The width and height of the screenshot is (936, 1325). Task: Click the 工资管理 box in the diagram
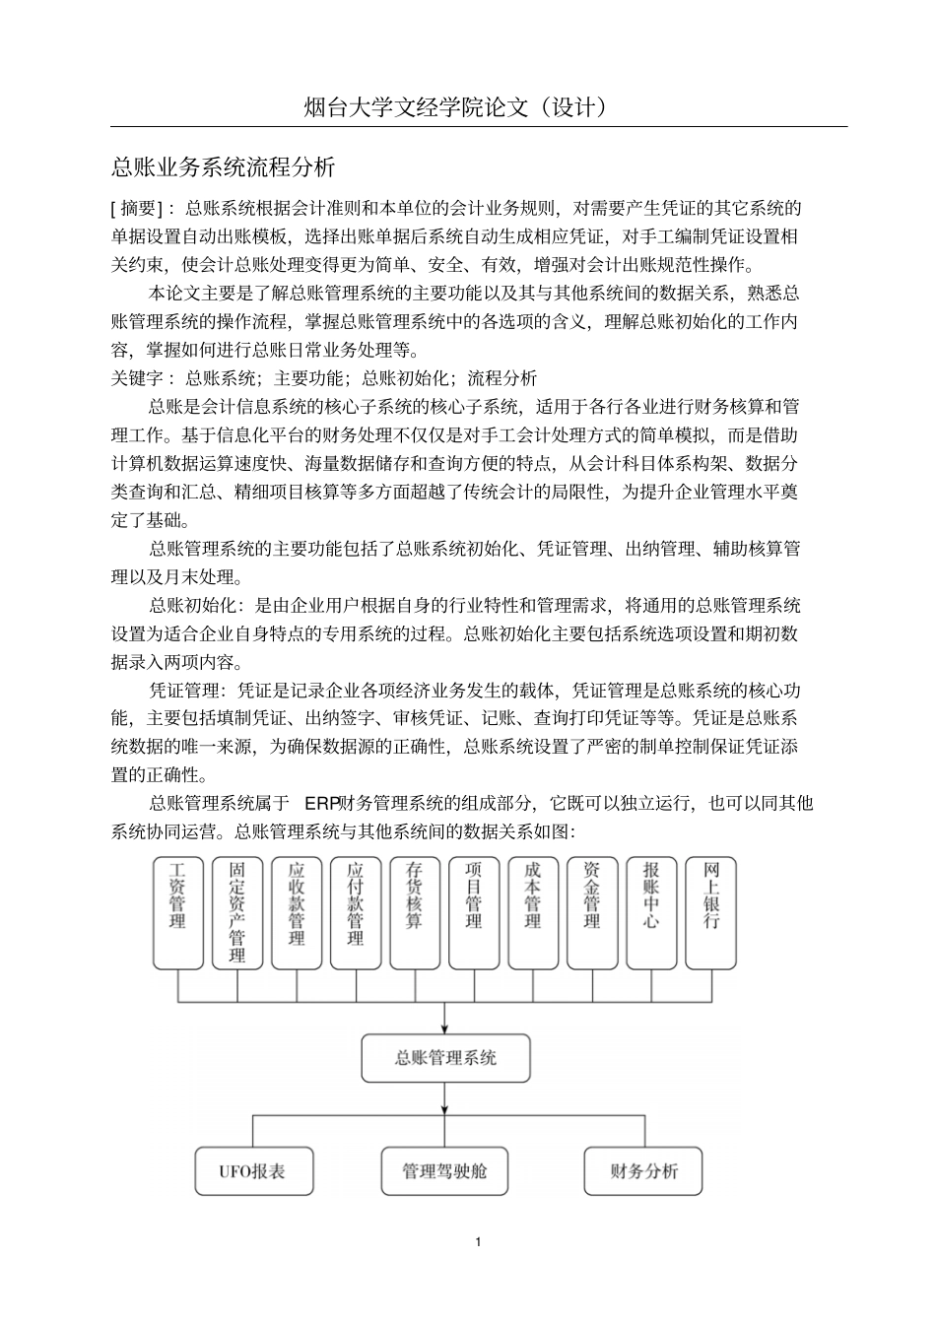click(x=178, y=912)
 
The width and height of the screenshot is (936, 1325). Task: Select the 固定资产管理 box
click(x=237, y=912)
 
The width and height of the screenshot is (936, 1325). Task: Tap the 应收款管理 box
click(x=297, y=912)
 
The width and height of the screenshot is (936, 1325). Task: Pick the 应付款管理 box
click(x=356, y=912)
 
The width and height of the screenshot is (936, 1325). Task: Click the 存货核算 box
click(x=415, y=912)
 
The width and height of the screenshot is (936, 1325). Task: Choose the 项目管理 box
click(x=474, y=912)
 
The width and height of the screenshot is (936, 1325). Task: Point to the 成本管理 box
click(x=533, y=912)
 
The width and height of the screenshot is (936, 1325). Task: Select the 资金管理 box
click(x=592, y=912)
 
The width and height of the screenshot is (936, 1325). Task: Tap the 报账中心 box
click(x=651, y=912)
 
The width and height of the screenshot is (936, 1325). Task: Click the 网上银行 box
click(x=710, y=912)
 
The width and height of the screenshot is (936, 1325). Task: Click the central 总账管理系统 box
click(x=445, y=1058)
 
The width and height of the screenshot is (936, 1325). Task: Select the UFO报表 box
click(x=253, y=1171)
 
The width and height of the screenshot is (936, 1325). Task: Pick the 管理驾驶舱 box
click(x=444, y=1171)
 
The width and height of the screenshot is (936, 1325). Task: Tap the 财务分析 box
click(x=643, y=1171)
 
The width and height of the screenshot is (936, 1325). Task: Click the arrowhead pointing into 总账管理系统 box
click(x=445, y=1027)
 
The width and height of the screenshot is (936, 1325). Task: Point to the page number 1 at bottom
click(x=478, y=1241)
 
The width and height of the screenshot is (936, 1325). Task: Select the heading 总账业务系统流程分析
click(x=224, y=166)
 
